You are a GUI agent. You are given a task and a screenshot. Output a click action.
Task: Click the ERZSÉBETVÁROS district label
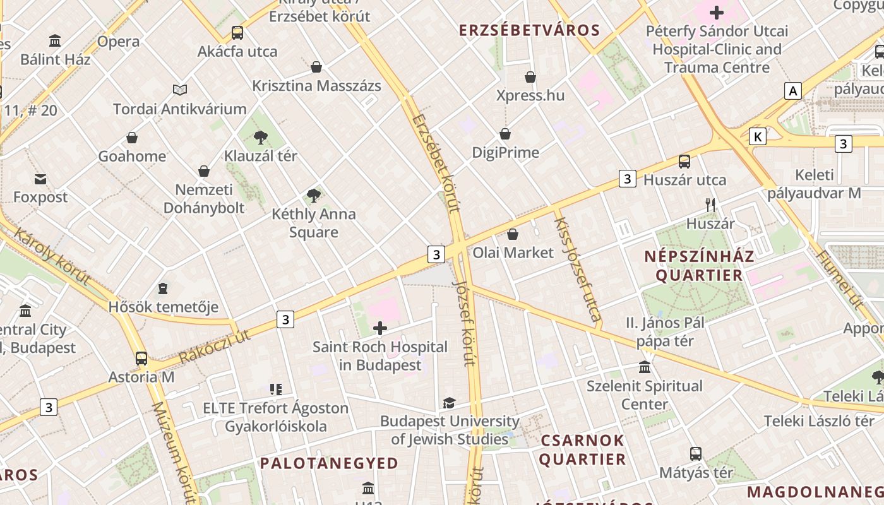pos(529,30)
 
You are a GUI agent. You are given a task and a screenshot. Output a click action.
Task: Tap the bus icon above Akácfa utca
pos(237,33)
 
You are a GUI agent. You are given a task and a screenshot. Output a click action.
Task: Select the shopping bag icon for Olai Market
pos(513,234)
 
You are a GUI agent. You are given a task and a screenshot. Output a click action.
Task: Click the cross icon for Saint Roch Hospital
pos(380,328)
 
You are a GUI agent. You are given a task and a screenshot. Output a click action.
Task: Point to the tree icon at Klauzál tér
pos(260,137)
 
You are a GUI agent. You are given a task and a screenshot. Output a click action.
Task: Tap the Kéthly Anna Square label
pos(314,223)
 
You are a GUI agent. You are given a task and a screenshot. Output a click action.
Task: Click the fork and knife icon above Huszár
pos(710,205)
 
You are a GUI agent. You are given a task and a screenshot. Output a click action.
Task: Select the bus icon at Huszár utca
pos(684,162)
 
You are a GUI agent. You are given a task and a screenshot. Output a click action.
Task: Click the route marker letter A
pos(793,91)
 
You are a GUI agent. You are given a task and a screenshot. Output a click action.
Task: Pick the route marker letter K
pos(758,136)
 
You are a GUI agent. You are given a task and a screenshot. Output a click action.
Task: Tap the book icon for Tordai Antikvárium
pos(180,90)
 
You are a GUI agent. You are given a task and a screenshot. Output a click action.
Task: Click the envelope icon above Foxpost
pos(40,179)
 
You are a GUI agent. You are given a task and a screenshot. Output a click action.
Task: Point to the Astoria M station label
pos(141,377)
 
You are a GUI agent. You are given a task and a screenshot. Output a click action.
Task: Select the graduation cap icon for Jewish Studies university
pos(449,403)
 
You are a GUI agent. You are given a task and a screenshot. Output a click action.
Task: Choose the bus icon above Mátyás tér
pos(695,453)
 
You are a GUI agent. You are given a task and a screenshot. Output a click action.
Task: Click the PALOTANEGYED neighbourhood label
pos(329,463)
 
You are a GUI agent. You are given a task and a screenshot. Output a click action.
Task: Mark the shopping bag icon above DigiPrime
pos(505,134)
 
